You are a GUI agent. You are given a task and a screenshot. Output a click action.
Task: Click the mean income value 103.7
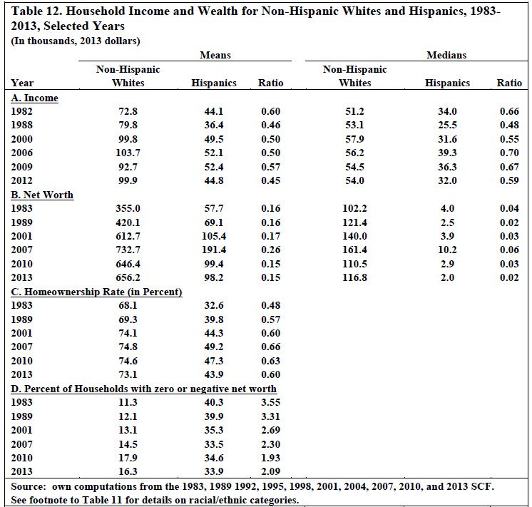(x=128, y=153)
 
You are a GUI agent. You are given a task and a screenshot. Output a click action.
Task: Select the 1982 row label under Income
(x=21, y=111)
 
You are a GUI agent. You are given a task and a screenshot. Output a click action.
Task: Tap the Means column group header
(x=215, y=55)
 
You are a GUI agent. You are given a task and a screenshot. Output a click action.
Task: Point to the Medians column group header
(x=446, y=55)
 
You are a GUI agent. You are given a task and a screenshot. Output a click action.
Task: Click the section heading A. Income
(x=35, y=98)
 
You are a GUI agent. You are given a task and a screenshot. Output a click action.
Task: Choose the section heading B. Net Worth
(x=42, y=195)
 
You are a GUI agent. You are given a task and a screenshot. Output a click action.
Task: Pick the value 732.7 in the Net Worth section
(x=128, y=250)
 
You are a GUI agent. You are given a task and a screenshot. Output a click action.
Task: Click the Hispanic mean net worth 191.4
(x=214, y=250)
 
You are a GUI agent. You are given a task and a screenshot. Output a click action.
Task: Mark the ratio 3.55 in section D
(x=271, y=402)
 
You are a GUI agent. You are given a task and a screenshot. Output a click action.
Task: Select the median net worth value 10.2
(x=447, y=250)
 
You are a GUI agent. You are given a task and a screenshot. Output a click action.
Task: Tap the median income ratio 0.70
(x=509, y=153)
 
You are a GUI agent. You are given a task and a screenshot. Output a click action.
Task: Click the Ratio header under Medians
(x=509, y=83)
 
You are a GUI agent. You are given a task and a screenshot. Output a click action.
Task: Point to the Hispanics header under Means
(x=214, y=83)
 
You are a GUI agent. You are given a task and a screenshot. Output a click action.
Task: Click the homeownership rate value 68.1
(x=128, y=305)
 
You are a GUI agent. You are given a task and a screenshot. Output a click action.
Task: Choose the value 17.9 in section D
(x=128, y=458)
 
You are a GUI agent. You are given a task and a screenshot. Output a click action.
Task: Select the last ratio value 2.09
(x=271, y=471)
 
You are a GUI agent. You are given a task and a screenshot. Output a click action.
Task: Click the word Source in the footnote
(x=28, y=486)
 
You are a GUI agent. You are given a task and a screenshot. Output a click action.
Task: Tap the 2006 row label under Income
(x=21, y=153)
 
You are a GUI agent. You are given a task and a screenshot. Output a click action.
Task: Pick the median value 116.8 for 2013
(x=354, y=277)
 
